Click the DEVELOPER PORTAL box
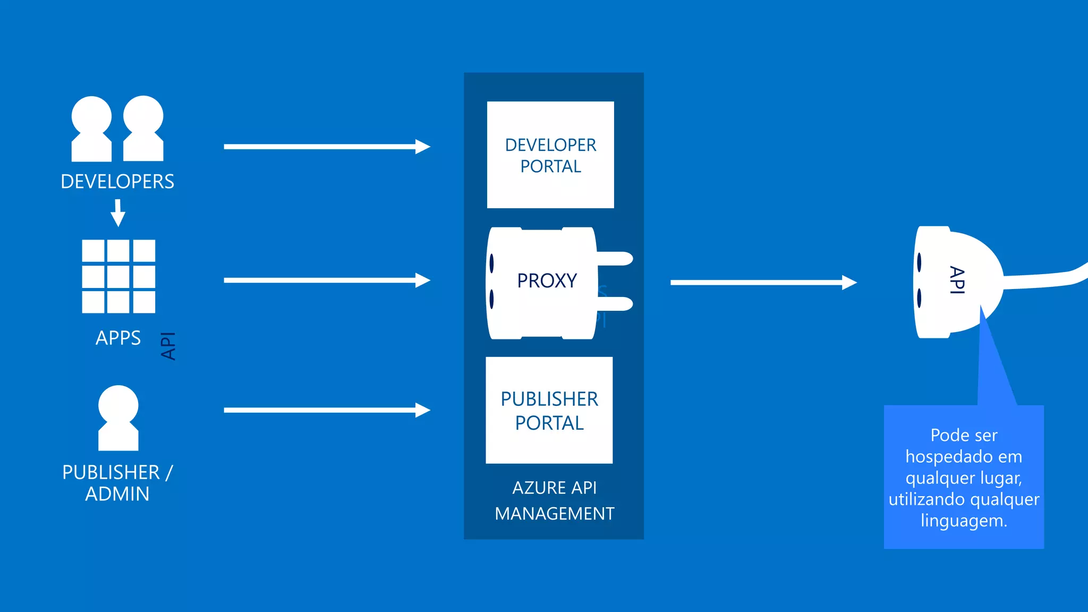pyautogui.click(x=550, y=155)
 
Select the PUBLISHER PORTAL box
pyautogui.click(x=549, y=410)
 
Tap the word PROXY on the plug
pyautogui.click(x=547, y=280)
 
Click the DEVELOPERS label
pyautogui.click(x=117, y=182)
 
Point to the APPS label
pyautogui.click(x=118, y=338)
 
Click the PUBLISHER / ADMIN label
pyautogui.click(x=117, y=482)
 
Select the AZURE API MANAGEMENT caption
pyautogui.click(x=554, y=500)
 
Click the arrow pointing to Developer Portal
pyautogui.click(x=326, y=147)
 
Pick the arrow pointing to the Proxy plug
pyautogui.click(x=326, y=280)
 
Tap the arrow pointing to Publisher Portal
pyautogui.click(x=326, y=410)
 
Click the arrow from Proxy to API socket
pyautogui.click(x=763, y=283)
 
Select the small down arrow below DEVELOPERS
pyautogui.click(x=118, y=213)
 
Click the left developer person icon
pyautogui.click(x=91, y=129)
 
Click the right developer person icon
pyautogui.click(x=143, y=129)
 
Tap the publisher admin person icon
pyautogui.click(x=118, y=418)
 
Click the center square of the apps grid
pyautogui.click(x=118, y=276)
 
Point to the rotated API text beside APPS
pyautogui.click(x=168, y=346)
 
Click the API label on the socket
pyautogui.click(x=957, y=280)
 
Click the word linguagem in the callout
pyautogui.click(x=963, y=521)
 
